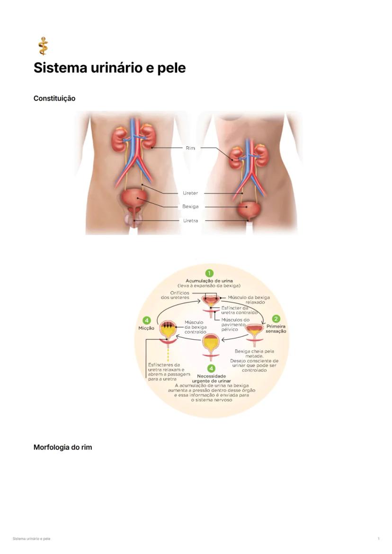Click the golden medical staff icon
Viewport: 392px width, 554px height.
coord(43,46)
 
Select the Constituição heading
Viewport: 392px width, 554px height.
coord(54,98)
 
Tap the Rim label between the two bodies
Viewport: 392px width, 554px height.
coord(190,148)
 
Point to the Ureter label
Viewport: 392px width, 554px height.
coord(190,193)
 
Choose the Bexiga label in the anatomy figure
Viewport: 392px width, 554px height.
coord(190,207)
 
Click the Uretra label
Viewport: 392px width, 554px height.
coord(190,221)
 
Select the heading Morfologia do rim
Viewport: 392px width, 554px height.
coord(62,447)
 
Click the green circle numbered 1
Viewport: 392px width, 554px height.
coord(210,273)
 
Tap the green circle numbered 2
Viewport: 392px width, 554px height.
coord(276,319)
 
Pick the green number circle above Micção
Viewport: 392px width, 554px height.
coord(146,320)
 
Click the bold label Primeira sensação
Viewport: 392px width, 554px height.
coord(276,329)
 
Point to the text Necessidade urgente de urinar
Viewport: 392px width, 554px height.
coord(211,379)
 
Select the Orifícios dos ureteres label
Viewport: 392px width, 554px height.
coord(175,295)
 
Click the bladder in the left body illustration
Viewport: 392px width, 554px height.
coord(134,200)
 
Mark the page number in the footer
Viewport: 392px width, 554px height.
coord(379,539)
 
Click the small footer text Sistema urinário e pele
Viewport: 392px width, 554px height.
coord(31,539)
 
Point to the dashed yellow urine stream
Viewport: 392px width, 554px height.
coord(168,354)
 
